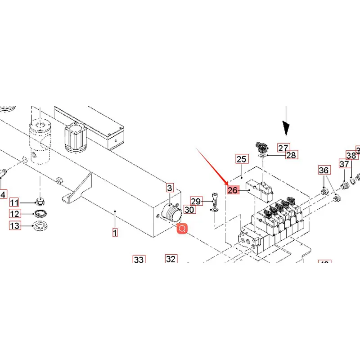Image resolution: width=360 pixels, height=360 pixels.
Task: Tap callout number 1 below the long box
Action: (x=115, y=233)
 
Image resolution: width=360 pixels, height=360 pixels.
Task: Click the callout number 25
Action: (x=242, y=159)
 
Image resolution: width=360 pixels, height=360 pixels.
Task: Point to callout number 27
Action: (x=283, y=148)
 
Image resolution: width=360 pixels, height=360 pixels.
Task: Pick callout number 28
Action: (x=291, y=155)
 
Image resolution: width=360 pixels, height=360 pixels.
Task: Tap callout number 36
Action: (x=324, y=170)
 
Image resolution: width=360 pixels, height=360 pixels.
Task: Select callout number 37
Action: (x=344, y=164)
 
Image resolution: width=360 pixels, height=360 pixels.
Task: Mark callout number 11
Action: (x=15, y=202)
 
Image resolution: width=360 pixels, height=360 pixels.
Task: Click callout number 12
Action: (x=15, y=214)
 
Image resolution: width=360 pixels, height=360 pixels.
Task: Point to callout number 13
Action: (x=15, y=225)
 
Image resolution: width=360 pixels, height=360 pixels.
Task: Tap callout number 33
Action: (x=139, y=260)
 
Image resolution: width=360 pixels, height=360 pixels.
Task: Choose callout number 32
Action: (x=171, y=259)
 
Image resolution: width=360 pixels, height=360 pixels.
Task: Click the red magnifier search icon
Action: (x=182, y=229)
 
